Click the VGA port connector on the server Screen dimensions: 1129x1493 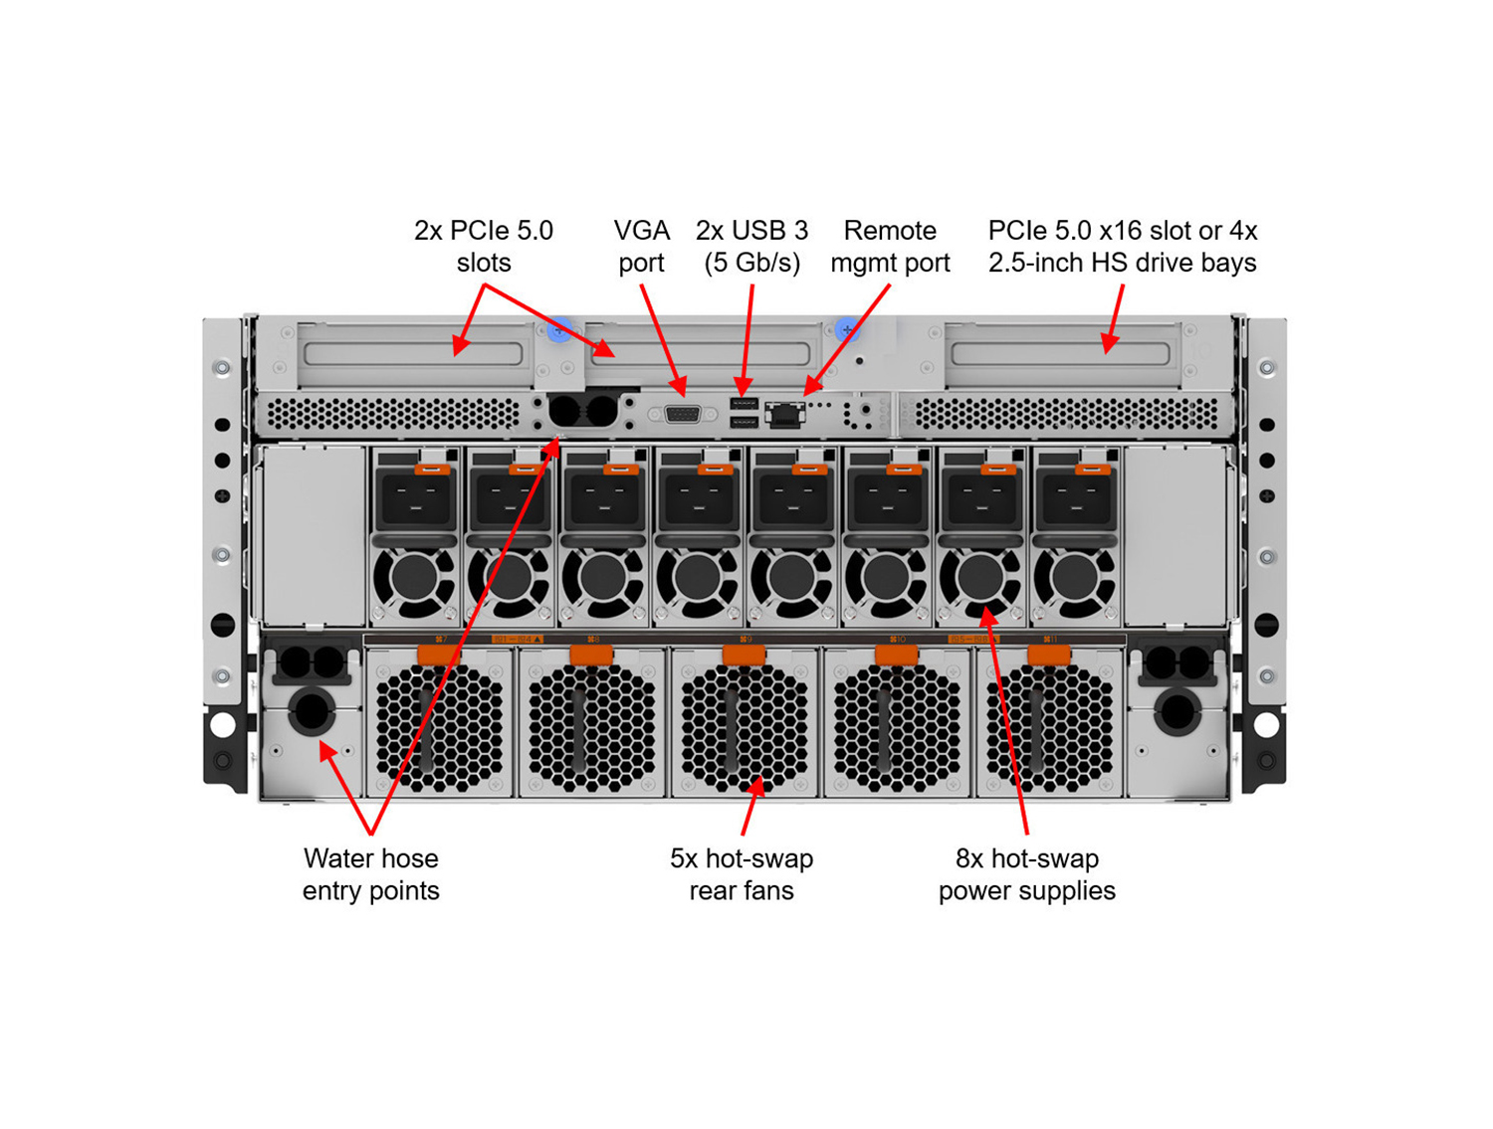point(682,414)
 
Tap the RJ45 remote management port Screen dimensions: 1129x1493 point(784,414)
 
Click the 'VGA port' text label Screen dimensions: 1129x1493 point(641,247)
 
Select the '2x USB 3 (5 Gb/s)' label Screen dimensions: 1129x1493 point(751,247)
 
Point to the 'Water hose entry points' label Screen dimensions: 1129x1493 point(370,874)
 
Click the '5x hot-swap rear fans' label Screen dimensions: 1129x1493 point(742,874)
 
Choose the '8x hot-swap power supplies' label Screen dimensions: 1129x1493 point(1026,874)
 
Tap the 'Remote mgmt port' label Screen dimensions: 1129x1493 point(890,247)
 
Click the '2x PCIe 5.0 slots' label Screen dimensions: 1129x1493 point(484,247)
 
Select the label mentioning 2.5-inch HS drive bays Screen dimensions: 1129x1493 point(1122,247)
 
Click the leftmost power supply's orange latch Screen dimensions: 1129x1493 point(432,468)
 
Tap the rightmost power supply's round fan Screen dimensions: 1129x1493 point(1074,577)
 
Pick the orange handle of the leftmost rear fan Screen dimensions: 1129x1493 point(438,654)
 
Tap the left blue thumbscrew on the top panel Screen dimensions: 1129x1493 point(559,330)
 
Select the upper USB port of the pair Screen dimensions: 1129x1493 point(744,404)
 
